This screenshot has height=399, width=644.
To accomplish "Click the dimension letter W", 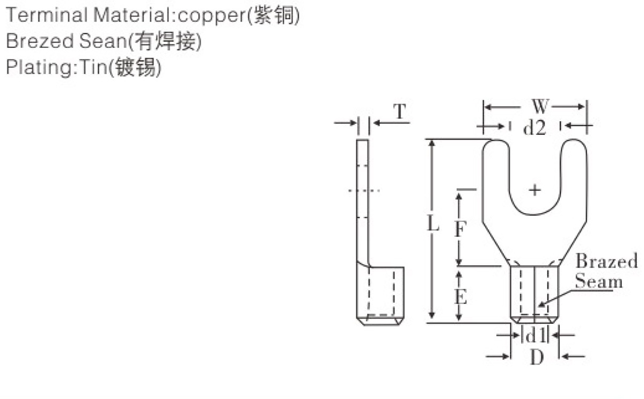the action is (540, 106).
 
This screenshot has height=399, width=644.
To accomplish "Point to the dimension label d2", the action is (535, 127).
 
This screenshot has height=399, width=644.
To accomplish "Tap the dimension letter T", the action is (400, 111).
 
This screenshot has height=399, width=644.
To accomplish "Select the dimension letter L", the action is (433, 223).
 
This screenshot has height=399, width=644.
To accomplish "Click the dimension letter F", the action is (460, 229).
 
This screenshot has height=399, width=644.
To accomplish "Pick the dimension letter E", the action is (461, 296).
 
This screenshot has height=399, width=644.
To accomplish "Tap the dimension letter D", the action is (537, 357).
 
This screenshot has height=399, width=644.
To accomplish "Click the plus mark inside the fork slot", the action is (535, 190).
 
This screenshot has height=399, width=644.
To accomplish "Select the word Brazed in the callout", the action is (606, 261).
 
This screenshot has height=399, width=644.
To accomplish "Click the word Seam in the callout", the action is (599, 280).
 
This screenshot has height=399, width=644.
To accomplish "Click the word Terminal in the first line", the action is (47, 15).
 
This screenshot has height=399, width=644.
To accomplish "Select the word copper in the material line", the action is (212, 16).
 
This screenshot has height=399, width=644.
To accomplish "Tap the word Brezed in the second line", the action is (40, 41).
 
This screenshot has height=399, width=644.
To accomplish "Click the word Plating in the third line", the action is (39, 68).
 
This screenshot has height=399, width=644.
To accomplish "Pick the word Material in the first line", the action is (133, 15).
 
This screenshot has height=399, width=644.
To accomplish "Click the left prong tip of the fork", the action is (496, 140).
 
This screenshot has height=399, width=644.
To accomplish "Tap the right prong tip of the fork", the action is (574, 140).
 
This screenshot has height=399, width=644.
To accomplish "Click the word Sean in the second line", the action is (103, 41).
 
